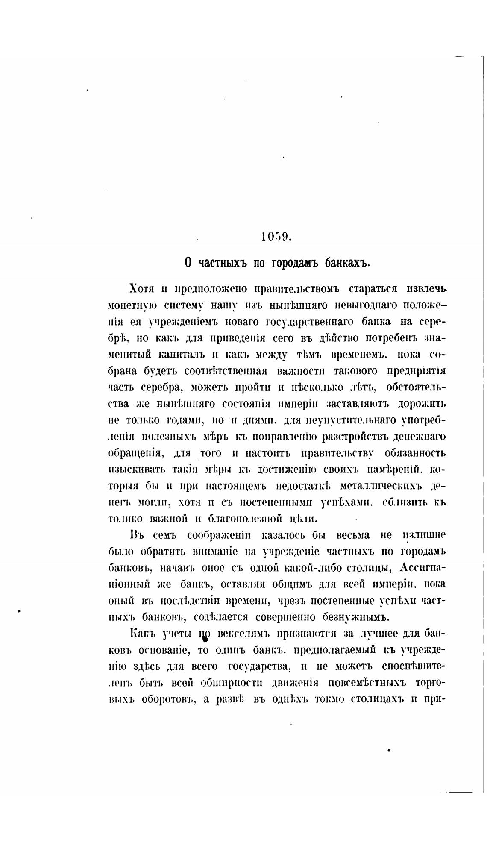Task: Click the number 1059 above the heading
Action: tap(276, 237)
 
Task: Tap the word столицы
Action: tap(369, 568)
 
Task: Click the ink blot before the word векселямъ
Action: tap(205, 638)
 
